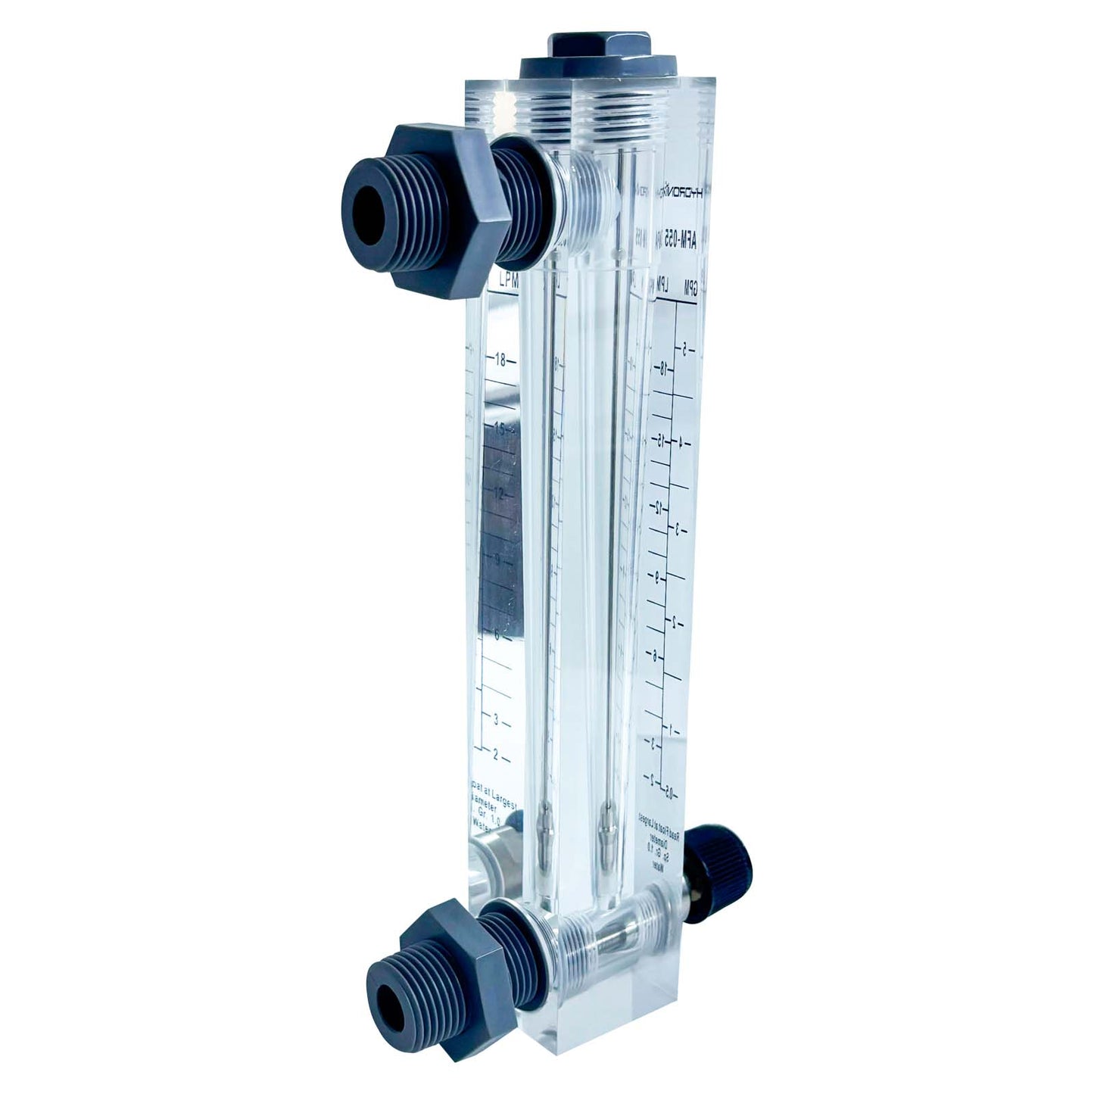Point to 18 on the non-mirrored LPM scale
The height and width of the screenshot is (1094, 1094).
500,360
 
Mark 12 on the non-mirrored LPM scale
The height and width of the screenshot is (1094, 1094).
498,493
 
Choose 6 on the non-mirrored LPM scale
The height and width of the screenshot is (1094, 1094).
497,636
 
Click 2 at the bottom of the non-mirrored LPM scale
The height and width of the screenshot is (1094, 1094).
496,755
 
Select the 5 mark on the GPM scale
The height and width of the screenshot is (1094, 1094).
684,350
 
